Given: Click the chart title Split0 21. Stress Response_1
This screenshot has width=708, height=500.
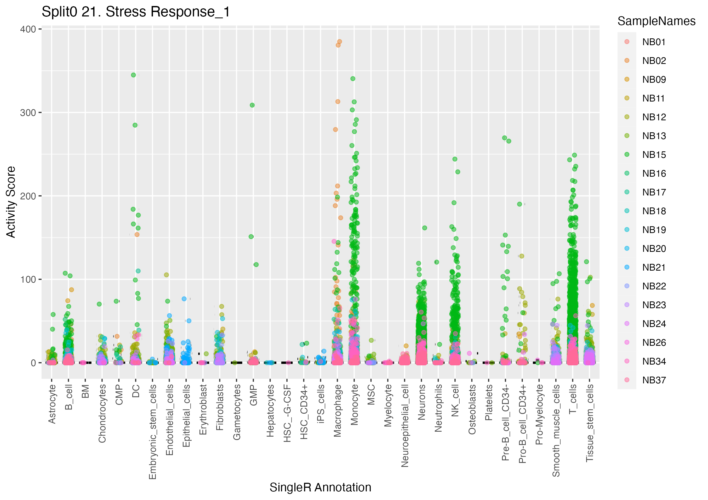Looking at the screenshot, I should click(136, 12).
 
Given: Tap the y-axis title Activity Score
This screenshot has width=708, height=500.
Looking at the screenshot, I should click(11, 202).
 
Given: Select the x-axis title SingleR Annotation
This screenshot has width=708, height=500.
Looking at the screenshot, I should click(320, 487).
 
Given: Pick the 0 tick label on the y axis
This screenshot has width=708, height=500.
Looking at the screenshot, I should click(33, 363).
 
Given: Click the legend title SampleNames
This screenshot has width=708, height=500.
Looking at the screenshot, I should click(656, 21).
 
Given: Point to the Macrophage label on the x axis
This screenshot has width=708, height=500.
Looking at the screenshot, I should click(338, 411).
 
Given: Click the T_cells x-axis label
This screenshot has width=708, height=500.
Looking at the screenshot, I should click(573, 399).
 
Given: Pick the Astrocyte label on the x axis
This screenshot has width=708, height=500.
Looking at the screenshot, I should click(52, 404).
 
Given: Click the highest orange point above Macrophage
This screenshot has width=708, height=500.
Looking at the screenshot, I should click(340, 41).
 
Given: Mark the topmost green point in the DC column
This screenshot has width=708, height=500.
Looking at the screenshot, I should click(134, 75).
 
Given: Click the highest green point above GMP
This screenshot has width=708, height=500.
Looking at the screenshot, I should click(252, 105).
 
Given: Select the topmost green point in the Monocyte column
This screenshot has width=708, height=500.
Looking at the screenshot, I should click(353, 79).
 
